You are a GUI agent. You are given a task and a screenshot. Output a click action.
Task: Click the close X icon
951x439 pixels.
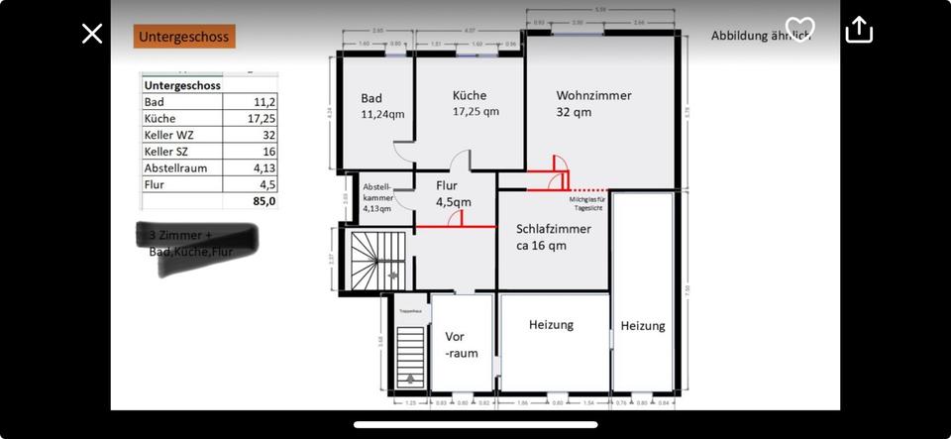point(92,34)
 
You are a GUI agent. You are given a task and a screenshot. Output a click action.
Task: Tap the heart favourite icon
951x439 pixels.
point(798,29)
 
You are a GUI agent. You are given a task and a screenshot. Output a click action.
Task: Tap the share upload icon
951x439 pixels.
point(858,30)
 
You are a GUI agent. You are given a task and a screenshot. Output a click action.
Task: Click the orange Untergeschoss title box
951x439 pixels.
point(183,38)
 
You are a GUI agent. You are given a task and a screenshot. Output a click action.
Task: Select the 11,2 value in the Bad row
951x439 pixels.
point(264,102)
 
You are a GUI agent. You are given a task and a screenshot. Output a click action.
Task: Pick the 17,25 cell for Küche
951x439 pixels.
point(262,119)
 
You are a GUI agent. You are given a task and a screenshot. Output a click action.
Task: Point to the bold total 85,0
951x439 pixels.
point(264,201)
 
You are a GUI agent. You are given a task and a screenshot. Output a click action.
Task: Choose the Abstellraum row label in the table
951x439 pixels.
point(175,168)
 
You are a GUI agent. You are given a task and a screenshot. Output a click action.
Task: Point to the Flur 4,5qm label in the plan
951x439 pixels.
point(453,193)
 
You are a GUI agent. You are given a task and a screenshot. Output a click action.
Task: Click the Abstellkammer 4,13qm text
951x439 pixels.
point(377,197)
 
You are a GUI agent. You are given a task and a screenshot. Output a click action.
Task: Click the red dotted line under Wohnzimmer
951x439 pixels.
point(590,188)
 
